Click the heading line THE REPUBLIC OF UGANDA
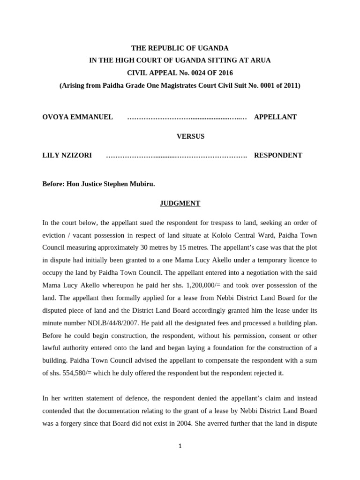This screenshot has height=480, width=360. [x=180, y=48]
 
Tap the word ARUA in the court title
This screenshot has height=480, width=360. [x=261, y=60]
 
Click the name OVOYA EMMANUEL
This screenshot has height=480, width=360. [x=77, y=117]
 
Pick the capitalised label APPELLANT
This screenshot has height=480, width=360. [x=275, y=117]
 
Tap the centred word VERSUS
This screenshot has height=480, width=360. [x=190, y=136]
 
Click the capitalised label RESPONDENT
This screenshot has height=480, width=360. [x=278, y=155]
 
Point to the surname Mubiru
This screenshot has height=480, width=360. [x=142, y=184]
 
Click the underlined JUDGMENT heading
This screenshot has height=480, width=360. [x=180, y=203]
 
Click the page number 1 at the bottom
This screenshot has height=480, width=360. [x=180, y=446]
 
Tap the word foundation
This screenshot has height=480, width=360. [x=201, y=348]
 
